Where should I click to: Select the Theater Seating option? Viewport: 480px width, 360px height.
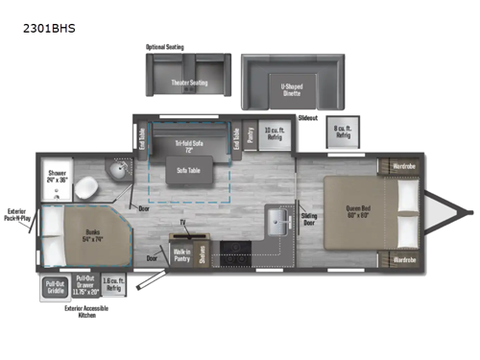click(x=189, y=83)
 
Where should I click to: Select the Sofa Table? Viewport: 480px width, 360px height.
click(x=188, y=170)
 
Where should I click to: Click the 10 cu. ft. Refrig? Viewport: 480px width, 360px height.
click(x=275, y=136)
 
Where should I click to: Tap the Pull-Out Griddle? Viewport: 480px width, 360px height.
click(x=54, y=285)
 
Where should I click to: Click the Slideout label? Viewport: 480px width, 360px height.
click(x=307, y=117)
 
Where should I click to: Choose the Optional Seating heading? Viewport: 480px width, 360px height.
click(x=164, y=46)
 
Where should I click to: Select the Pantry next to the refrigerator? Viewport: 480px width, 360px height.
click(x=251, y=136)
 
